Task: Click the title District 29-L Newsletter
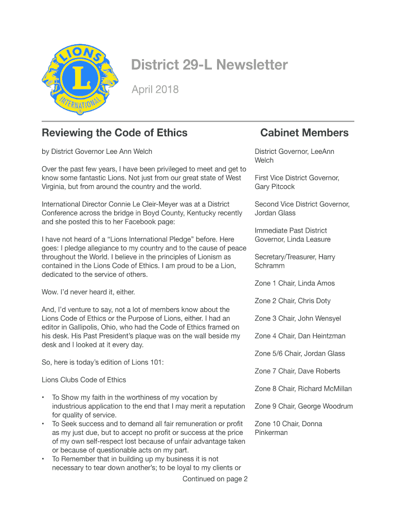tap(209, 65)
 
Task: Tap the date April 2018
tap(155, 90)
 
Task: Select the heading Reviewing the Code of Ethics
tap(114, 133)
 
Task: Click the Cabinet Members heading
tap(304, 133)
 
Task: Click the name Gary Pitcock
tap(275, 187)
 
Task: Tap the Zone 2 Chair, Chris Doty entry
tap(292, 301)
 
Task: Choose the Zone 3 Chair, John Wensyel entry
tap(297, 319)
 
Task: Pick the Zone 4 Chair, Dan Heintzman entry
tap(300, 336)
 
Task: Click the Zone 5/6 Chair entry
tap(299, 354)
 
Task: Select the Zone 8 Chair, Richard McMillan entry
tap(303, 389)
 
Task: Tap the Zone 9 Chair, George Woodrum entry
tap(303, 406)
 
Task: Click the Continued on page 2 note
tap(215, 479)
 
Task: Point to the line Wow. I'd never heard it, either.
tap(88, 292)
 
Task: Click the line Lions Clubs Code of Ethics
tap(83, 380)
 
